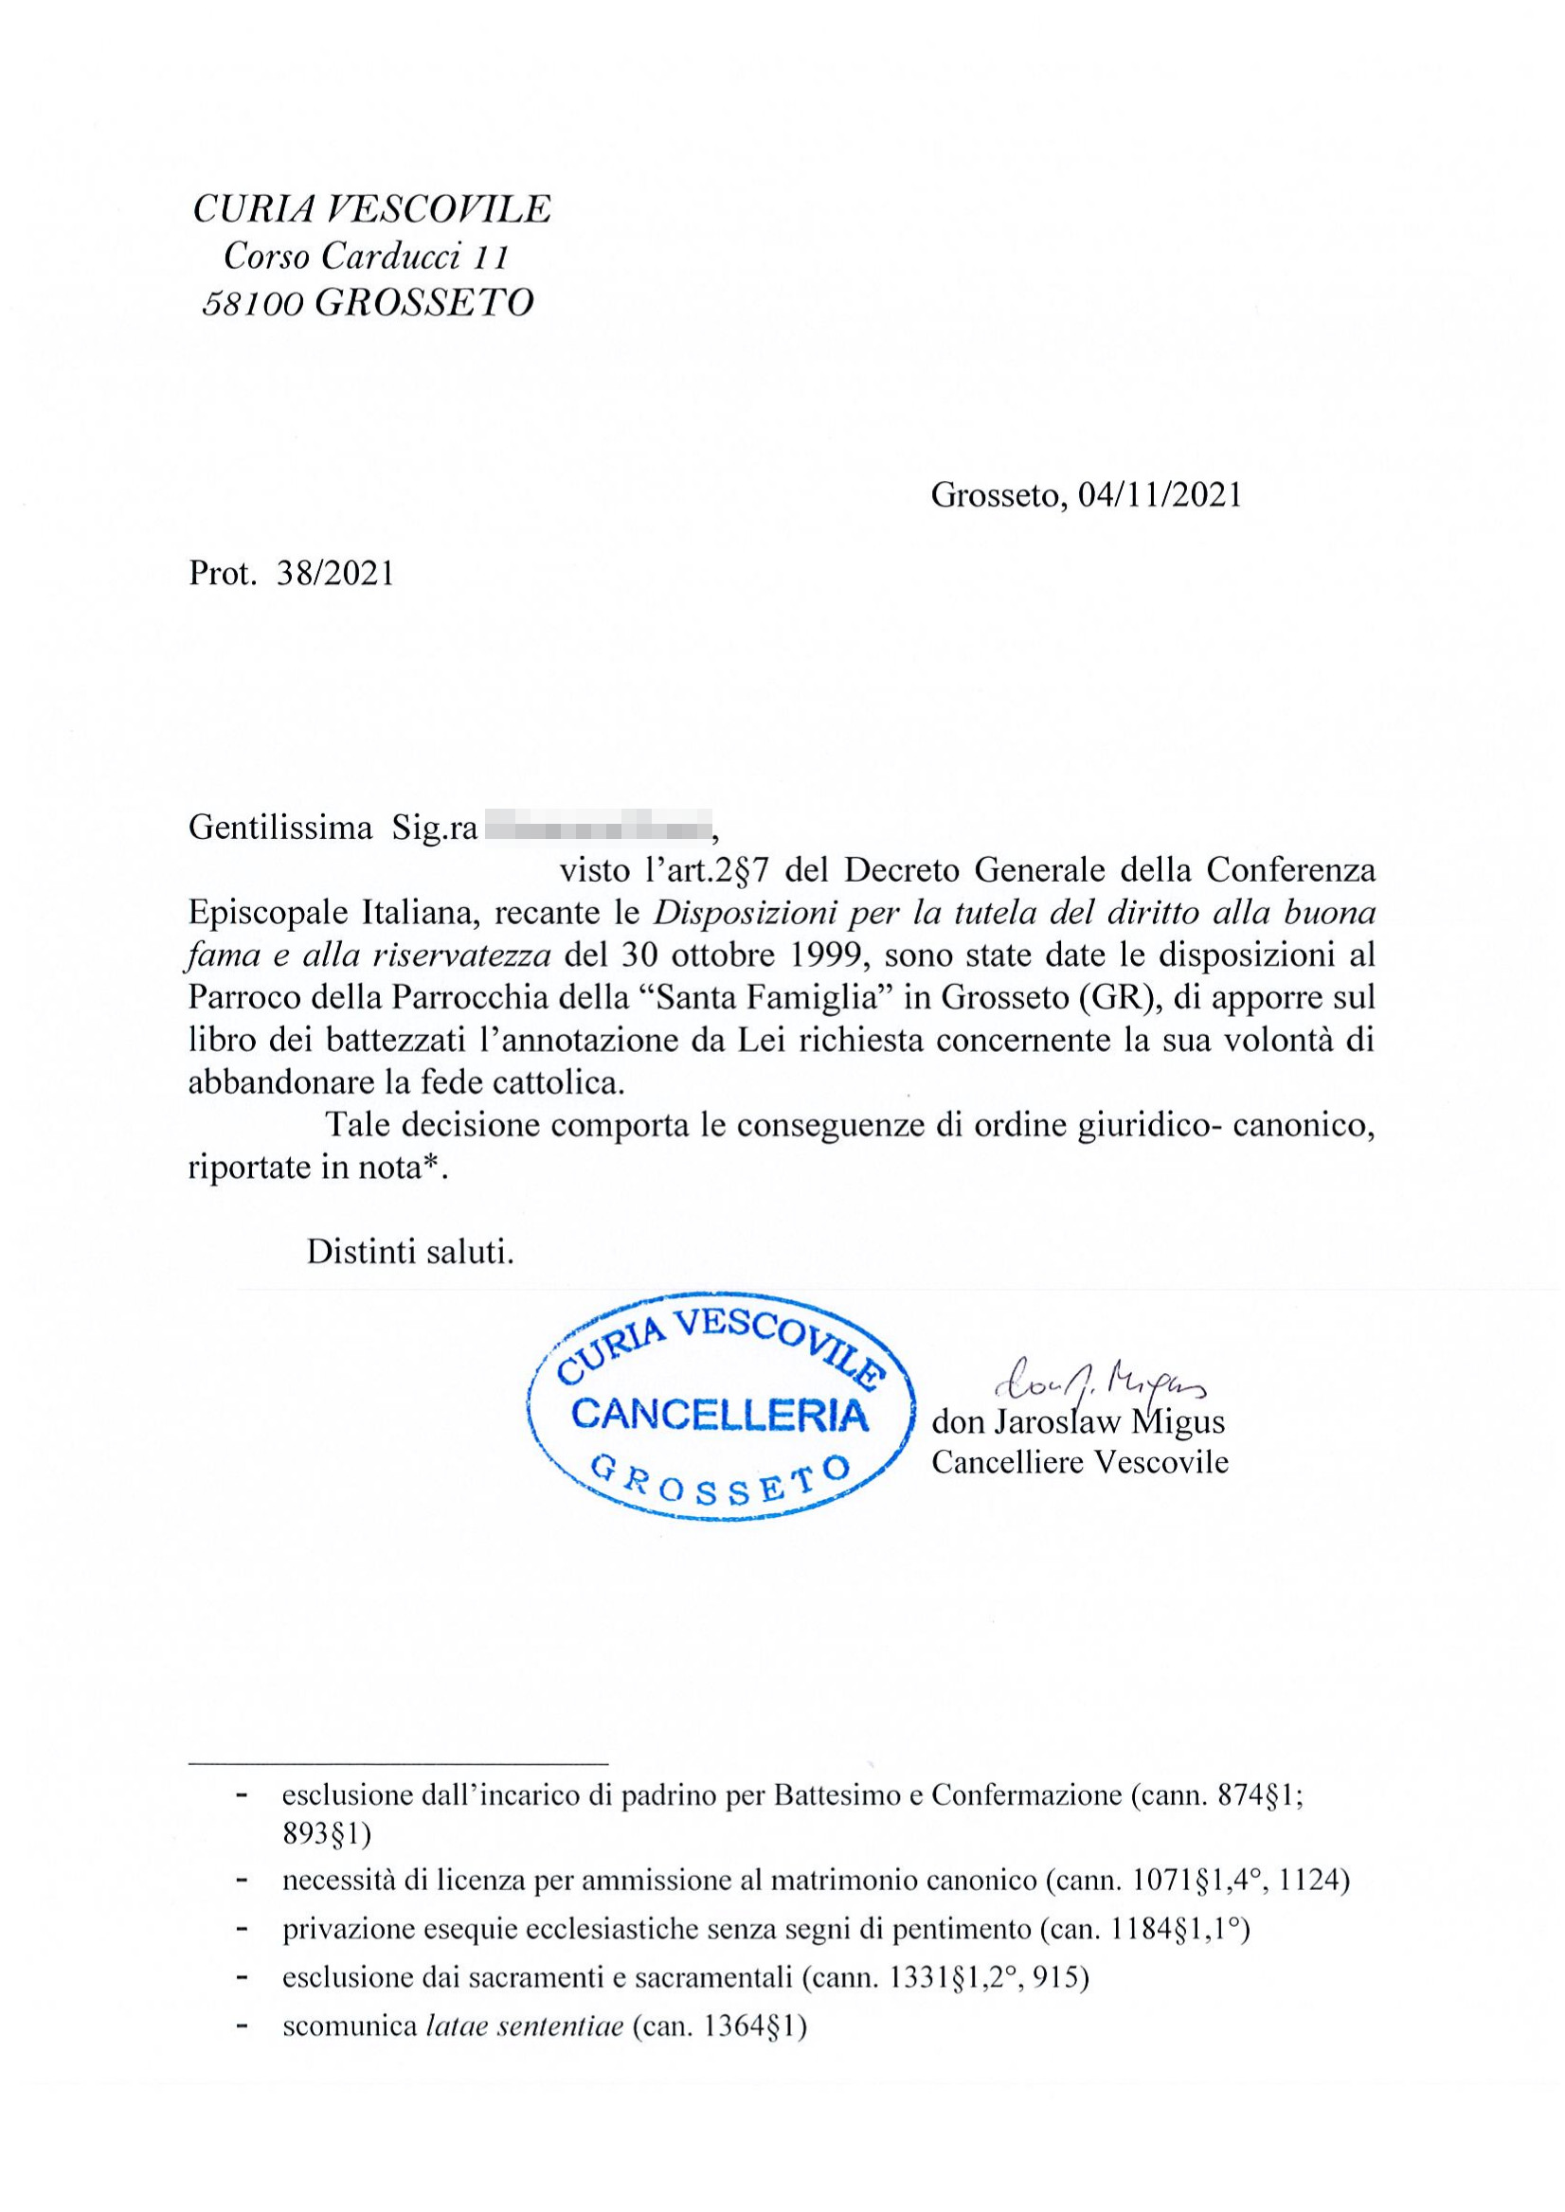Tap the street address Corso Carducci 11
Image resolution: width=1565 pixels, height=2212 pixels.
click(x=367, y=257)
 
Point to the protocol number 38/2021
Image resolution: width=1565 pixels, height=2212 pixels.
click(x=335, y=574)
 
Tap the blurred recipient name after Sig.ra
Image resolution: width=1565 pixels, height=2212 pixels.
click(x=597, y=828)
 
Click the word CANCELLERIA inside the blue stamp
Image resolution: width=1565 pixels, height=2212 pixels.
click(x=720, y=1417)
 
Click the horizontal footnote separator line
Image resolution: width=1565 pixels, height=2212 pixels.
click(x=399, y=1764)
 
